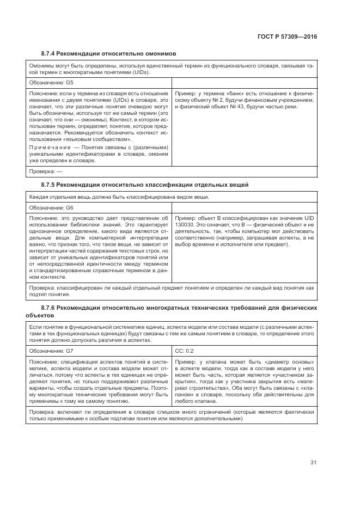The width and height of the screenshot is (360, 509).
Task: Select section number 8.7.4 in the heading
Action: (x=50, y=53)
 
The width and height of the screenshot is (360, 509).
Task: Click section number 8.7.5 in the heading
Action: (x=50, y=185)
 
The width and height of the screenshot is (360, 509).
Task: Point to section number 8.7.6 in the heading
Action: (x=50, y=308)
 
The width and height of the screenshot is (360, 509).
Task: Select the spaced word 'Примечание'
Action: (x=49, y=147)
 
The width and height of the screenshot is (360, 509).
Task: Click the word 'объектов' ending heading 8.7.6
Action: (x=40, y=315)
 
